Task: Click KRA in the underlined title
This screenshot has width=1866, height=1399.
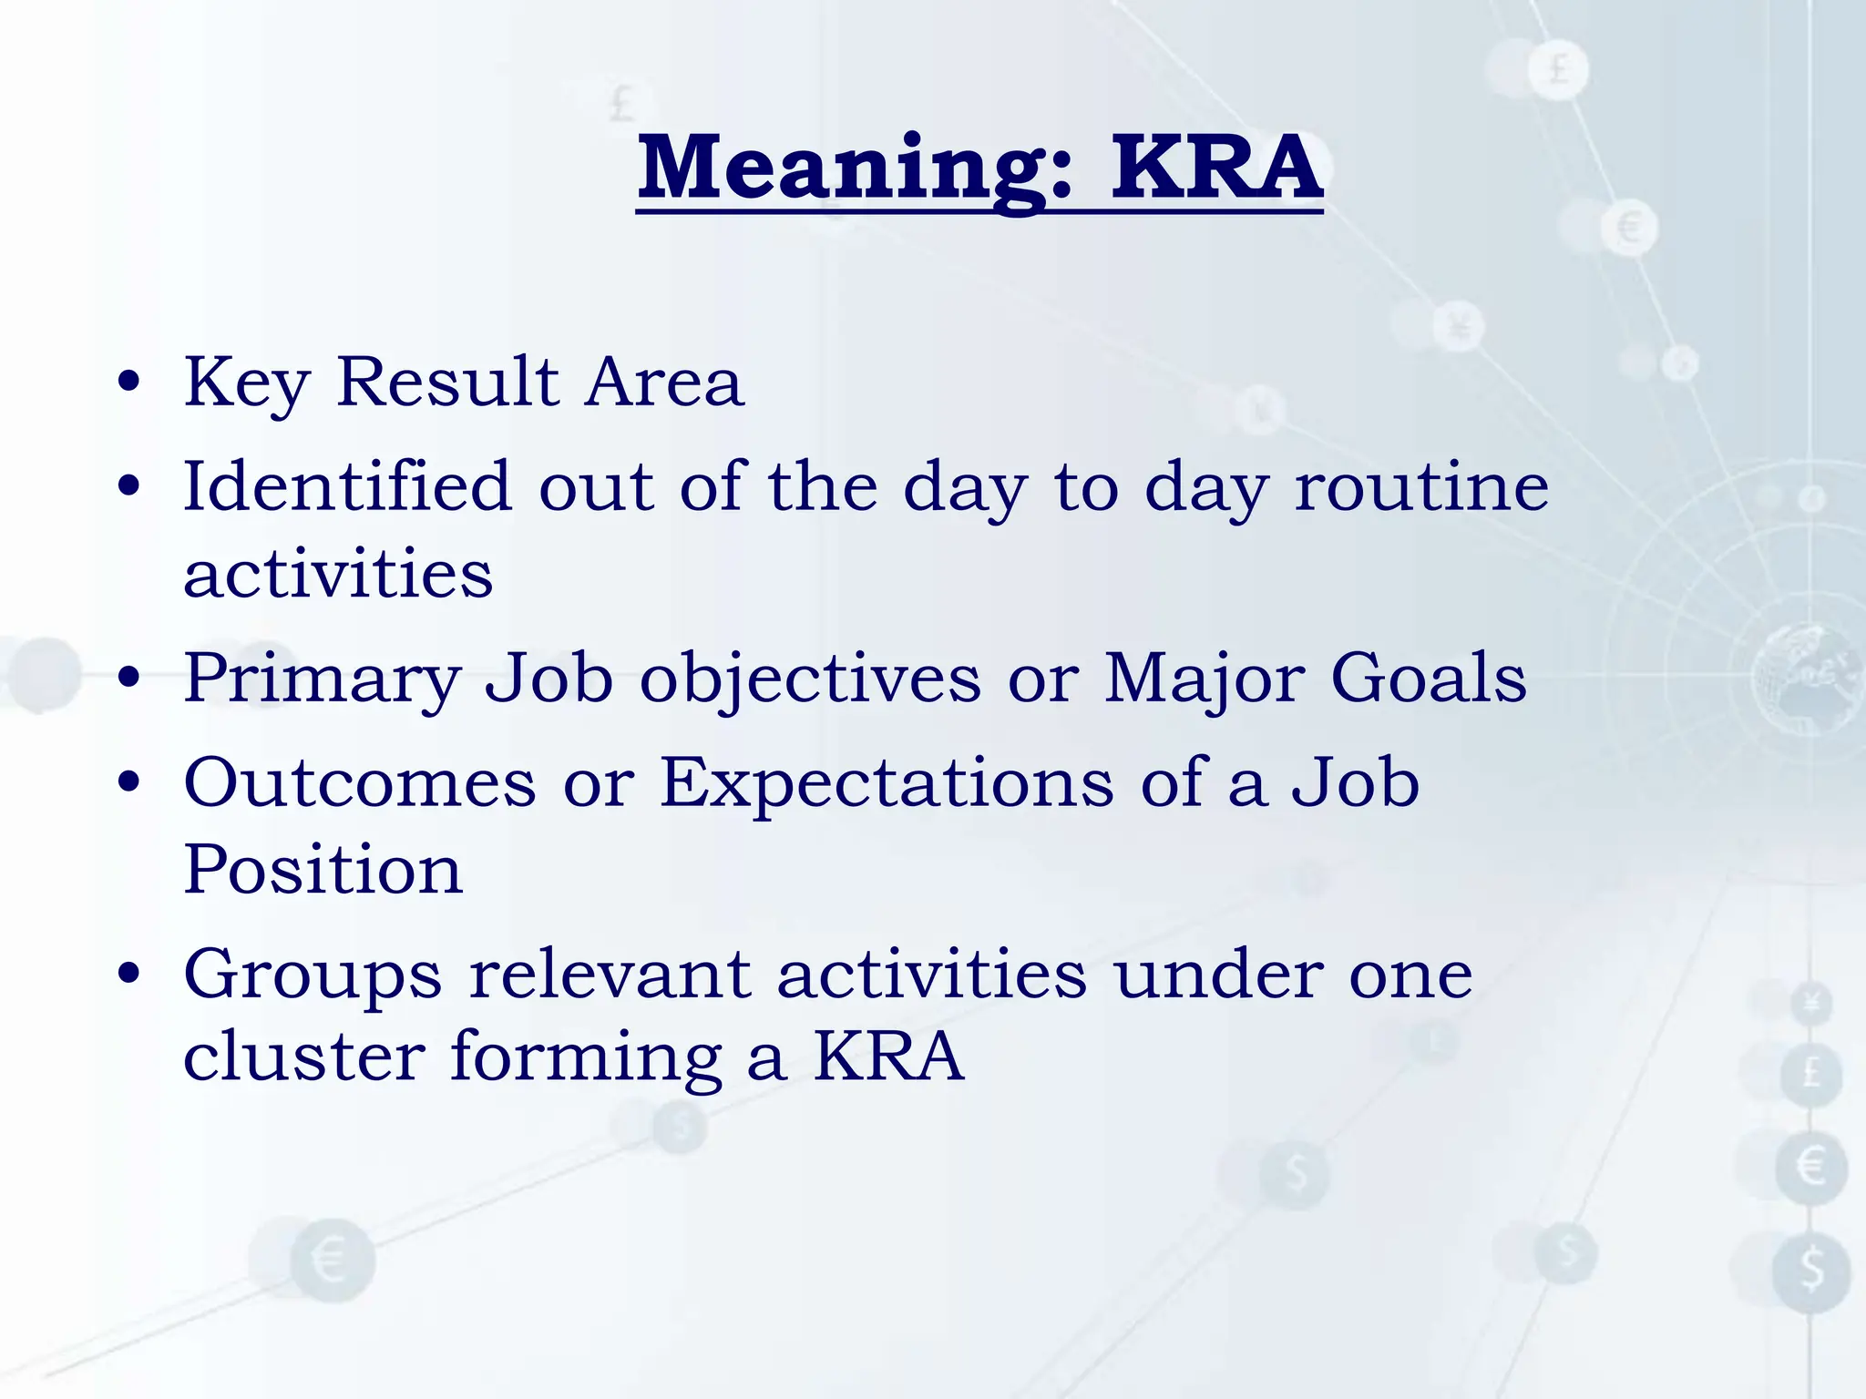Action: click(x=1215, y=168)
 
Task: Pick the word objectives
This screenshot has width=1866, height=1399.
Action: click(x=810, y=679)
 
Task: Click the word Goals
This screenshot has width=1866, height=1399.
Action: click(x=1428, y=679)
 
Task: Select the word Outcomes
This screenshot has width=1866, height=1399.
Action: click(x=360, y=783)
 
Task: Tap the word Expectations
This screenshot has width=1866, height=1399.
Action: click(x=886, y=783)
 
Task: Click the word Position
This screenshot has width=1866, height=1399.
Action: click(x=323, y=869)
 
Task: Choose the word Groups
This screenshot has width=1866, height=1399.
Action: click(x=313, y=975)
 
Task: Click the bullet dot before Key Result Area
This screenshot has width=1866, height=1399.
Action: click(x=129, y=383)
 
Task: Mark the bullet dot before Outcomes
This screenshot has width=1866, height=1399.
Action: click(x=129, y=783)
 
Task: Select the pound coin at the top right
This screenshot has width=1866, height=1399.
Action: click(x=1559, y=69)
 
